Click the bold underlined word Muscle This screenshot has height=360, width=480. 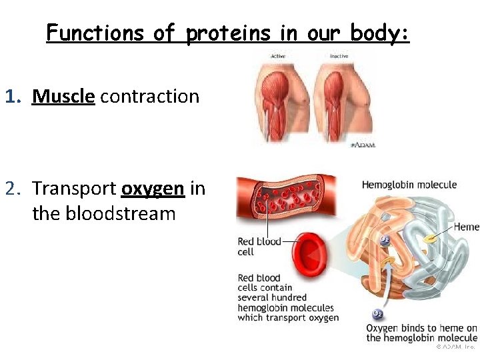tap(63, 97)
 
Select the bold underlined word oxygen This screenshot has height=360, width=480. tap(153, 189)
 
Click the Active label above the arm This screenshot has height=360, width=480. tap(277, 56)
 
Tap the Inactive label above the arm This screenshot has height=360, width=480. tap(338, 56)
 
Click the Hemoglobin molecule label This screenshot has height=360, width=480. tap(409, 185)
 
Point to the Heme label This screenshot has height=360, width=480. tap(467, 227)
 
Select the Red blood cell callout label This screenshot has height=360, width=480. tap(259, 247)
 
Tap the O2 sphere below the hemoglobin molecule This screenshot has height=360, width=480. tap(378, 314)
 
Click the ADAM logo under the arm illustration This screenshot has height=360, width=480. tap(363, 145)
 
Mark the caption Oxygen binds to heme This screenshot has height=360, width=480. tap(421, 332)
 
